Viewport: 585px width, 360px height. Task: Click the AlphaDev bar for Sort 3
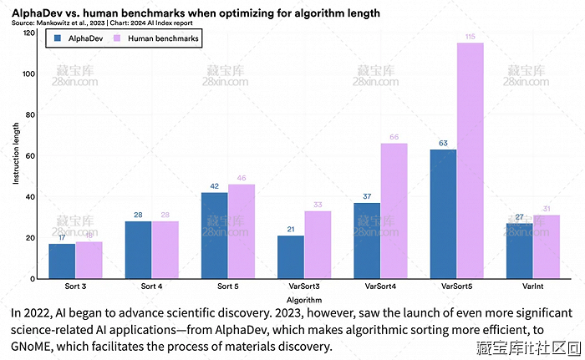click(62, 261)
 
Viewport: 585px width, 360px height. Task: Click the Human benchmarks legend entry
click(163, 38)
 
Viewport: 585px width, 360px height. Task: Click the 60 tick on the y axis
click(30, 155)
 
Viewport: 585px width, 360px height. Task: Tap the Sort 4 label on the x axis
click(151, 286)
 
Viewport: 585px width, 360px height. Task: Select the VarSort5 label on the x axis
click(456, 286)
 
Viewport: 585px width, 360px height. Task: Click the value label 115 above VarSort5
click(470, 36)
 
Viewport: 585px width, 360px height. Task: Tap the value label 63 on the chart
click(443, 143)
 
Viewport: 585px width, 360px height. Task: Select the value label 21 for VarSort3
click(291, 229)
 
